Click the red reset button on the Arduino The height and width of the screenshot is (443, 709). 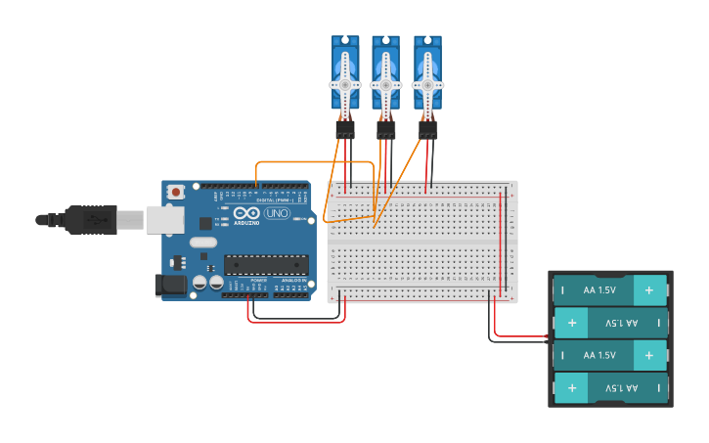click(175, 192)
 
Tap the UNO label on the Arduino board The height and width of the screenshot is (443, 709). click(278, 213)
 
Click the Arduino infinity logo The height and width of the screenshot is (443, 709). click(247, 213)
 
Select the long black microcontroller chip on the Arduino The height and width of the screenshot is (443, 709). click(266, 264)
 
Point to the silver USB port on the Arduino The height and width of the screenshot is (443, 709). click(164, 219)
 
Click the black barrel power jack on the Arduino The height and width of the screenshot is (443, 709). click(170, 286)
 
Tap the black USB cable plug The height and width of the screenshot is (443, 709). click(92, 220)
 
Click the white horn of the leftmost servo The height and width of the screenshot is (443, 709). click(345, 86)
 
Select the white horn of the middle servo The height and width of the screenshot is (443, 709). click(385, 86)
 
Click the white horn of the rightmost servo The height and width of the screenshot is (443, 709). click(427, 86)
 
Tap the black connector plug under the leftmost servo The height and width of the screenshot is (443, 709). click(345, 129)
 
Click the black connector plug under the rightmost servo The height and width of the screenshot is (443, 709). click(427, 129)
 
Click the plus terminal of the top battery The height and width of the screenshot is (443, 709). click(649, 290)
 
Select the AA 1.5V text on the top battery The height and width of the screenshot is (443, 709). click(599, 290)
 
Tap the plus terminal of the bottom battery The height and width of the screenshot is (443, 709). click(571, 388)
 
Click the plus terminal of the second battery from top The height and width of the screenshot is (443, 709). click(571, 323)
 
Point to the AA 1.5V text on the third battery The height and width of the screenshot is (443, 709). click(599, 355)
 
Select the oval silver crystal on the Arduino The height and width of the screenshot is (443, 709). click(202, 243)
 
